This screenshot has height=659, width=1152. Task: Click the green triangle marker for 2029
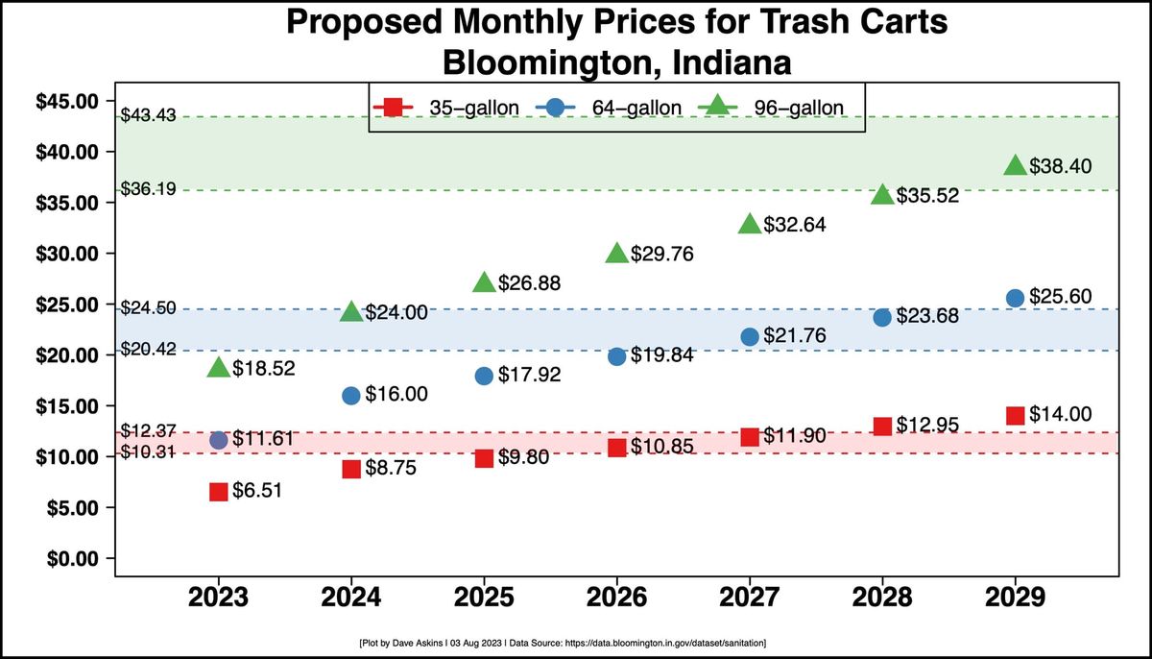[x=1016, y=165]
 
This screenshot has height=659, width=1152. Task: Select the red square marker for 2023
[x=219, y=491]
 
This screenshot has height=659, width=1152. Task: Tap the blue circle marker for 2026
[x=617, y=356]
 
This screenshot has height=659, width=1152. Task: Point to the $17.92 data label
[x=529, y=375]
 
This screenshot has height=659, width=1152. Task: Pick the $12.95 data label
[x=928, y=425]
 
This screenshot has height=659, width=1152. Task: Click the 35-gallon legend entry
[x=448, y=108]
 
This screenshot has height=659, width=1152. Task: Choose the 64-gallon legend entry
[x=610, y=108]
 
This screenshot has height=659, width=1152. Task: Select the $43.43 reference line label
[x=148, y=116]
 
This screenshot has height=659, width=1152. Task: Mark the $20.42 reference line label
[x=148, y=350]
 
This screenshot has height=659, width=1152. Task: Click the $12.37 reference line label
[x=148, y=430]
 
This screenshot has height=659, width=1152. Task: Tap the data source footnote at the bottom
[x=574, y=641]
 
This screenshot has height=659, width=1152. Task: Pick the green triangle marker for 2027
[x=750, y=224]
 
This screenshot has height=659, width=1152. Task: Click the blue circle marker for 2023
[x=219, y=440]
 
